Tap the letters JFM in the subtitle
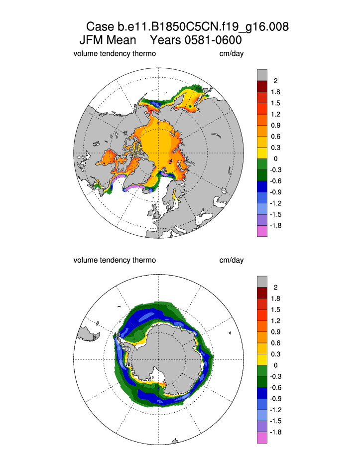click(x=93, y=40)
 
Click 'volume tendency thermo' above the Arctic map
click(x=115, y=53)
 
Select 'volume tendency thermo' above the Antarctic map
click(x=115, y=260)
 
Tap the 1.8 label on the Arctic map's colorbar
click(x=275, y=92)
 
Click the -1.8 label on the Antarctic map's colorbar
click(x=275, y=432)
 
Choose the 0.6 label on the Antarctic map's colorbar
click(x=275, y=343)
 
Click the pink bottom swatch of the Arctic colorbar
click(x=262, y=231)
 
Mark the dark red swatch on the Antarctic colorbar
click(x=262, y=293)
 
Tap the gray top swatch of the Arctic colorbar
click(x=262, y=75)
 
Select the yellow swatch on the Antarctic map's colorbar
click(x=262, y=360)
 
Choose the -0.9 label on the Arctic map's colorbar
click(x=275, y=192)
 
